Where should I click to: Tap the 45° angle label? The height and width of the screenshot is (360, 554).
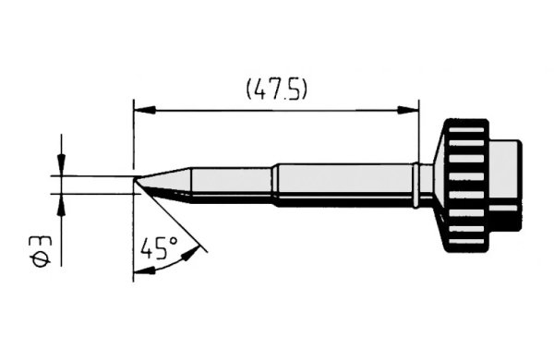tap(159, 247)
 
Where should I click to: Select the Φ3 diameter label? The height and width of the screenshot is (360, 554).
tap(42, 251)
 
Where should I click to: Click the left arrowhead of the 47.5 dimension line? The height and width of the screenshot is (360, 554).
tap(144, 110)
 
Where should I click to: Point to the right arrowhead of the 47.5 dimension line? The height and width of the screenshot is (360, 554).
tap(408, 110)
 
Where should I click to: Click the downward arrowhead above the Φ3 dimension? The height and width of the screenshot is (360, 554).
tap(62, 164)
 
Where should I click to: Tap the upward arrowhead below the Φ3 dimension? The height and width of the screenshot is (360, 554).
tap(62, 205)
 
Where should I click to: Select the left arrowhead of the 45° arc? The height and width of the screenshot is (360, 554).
tap(145, 271)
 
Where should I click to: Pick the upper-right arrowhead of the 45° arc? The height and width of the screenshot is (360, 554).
tap(191, 253)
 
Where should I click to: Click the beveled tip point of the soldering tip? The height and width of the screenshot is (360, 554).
tap(136, 179)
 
